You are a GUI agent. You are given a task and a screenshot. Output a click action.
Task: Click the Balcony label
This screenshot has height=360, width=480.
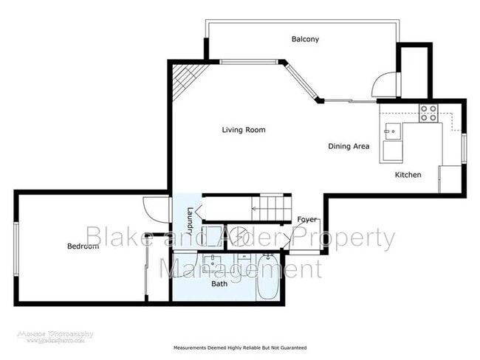click(305, 39)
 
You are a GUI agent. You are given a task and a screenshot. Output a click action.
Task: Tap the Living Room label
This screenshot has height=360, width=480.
click(244, 130)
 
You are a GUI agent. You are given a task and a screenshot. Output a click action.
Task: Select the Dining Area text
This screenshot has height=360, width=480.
click(349, 146)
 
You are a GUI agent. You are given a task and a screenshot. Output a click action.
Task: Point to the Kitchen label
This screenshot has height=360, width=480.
click(408, 175)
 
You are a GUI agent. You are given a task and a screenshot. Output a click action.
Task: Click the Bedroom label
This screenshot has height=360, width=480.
click(82, 246)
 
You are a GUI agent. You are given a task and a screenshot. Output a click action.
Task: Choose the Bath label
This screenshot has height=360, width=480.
click(219, 283)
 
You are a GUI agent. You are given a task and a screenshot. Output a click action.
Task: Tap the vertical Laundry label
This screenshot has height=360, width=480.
click(190, 220)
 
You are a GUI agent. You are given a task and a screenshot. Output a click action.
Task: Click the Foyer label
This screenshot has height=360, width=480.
click(307, 220)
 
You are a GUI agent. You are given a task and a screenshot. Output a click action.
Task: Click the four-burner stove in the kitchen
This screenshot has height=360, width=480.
click(428, 114)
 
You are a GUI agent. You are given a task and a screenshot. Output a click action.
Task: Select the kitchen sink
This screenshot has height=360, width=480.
click(391, 132)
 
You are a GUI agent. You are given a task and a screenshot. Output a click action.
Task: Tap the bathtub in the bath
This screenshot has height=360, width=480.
click(267, 278)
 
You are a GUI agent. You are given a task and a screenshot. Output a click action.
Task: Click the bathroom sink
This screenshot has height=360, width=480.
click(213, 263)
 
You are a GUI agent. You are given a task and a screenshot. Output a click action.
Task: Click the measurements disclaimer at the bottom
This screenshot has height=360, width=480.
click(240, 347)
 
